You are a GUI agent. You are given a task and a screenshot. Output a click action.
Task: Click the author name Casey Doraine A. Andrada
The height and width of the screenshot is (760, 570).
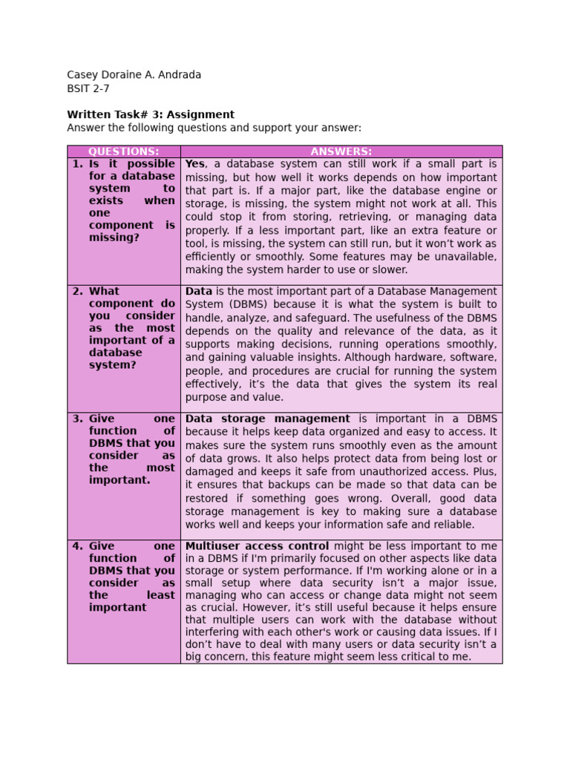pos(134,75)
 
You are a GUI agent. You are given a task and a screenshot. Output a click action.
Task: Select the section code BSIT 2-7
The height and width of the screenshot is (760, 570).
pos(88,88)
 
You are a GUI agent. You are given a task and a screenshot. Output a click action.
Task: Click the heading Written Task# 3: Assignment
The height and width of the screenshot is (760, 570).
pos(151,115)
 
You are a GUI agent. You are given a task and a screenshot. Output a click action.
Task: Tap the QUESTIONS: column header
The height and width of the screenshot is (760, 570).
pos(123,151)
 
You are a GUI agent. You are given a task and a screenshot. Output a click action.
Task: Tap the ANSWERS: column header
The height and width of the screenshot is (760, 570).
pos(341,151)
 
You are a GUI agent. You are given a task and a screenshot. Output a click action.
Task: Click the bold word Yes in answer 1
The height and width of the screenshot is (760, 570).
pos(194,164)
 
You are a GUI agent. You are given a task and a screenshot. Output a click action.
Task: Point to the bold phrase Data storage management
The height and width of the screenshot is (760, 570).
pos(267,419)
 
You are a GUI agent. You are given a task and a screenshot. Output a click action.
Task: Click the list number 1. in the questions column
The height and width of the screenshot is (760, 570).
pos(77,164)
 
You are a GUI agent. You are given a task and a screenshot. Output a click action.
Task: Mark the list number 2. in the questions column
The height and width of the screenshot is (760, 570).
pos(77,292)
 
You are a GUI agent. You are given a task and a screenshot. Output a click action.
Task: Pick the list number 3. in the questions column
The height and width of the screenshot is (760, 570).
pos(77,419)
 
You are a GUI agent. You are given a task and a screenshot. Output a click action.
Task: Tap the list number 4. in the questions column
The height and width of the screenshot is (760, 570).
pos(77,546)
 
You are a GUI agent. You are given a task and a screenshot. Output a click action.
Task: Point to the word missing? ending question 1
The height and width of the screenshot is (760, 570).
pos(114,237)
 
